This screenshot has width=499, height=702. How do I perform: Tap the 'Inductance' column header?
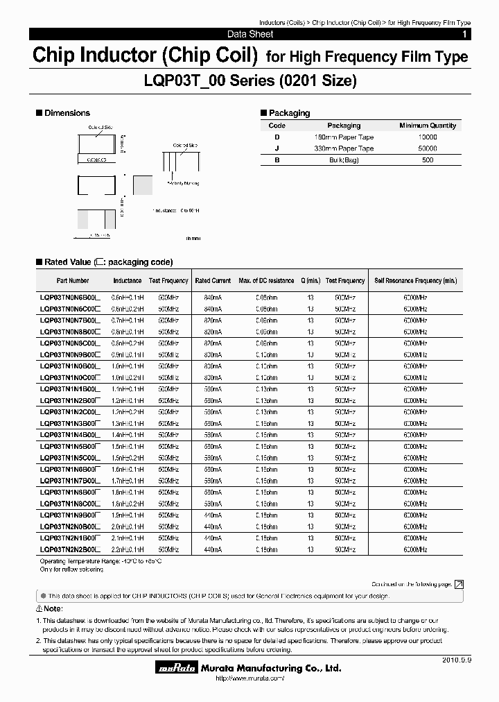pos(128,281)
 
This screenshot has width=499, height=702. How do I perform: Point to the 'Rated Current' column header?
pos(213,281)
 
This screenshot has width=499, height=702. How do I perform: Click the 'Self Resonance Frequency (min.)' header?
pos(416,281)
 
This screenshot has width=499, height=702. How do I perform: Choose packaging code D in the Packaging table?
pos(277,137)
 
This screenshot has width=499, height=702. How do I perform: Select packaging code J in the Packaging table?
pos(277,148)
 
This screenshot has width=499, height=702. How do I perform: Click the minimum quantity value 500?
pos(428,160)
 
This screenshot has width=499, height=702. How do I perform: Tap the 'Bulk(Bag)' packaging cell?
pos(344,160)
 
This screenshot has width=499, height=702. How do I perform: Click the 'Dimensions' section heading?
pos(67,113)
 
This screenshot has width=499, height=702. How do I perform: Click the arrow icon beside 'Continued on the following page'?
pos(459,585)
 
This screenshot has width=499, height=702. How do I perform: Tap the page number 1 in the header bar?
pos(464,34)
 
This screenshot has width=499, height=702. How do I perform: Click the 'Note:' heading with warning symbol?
pos(49,608)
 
